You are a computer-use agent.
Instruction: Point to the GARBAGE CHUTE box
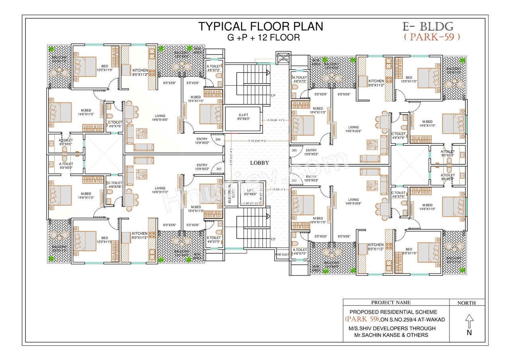point(283,57)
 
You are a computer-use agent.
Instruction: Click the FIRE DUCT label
point(282,254)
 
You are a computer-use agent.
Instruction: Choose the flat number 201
point(294,151)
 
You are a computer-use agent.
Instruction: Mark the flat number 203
point(218,169)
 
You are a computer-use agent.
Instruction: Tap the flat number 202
point(294,180)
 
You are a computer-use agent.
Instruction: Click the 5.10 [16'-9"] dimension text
point(257,141)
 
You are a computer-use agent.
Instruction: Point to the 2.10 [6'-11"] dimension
point(276,120)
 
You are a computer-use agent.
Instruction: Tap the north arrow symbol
point(469,320)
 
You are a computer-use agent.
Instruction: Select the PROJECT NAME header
point(390,303)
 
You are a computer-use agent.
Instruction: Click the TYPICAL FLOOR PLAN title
point(261,26)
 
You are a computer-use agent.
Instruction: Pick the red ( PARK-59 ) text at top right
point(432,37)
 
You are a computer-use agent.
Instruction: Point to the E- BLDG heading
point(428,26)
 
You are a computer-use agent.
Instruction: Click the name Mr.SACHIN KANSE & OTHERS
point(391,335)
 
